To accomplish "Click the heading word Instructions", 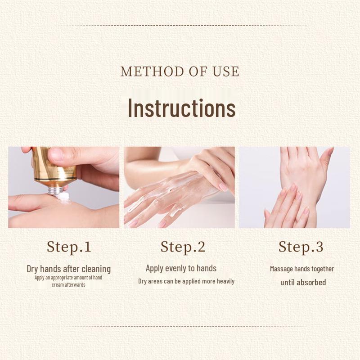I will (x=181, y=108).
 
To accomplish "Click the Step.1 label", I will (x=69, y=247).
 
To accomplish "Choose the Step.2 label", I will (x=183, y=247).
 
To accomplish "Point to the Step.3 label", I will (x=301, y=247).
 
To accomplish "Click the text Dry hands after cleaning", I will (x=68, y=269).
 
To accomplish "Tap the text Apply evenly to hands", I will (x=181, y=268).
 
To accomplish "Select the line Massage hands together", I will (x=302, y=269).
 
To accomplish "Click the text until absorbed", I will (x=303, y=282).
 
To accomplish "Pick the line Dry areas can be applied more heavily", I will (x=186, y=281).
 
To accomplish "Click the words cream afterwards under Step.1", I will (x=68, y=284).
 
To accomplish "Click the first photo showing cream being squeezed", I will (x=63, y=187).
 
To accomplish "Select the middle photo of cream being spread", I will (x=179, y=187).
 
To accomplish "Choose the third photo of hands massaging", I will (x=294, y=187).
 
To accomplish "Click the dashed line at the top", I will (x=180, y=26).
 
